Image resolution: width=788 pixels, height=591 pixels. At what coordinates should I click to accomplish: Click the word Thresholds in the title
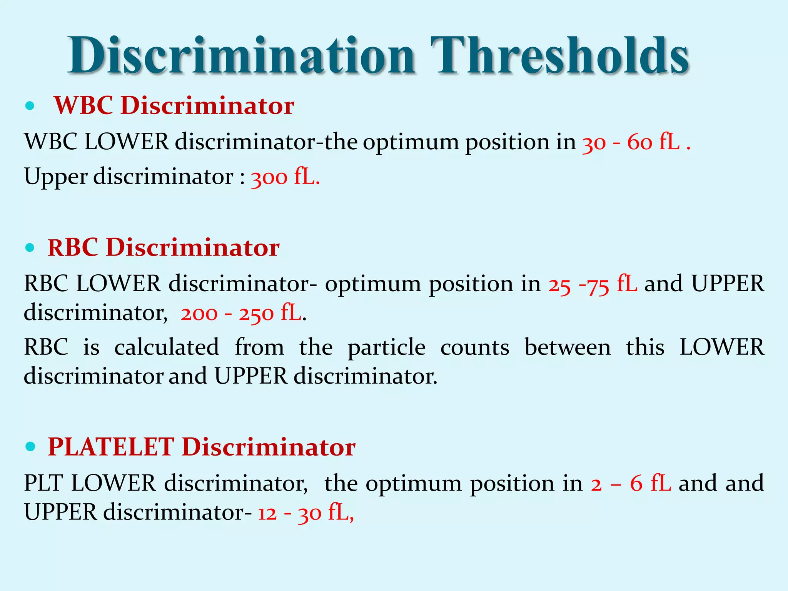pos(560,56)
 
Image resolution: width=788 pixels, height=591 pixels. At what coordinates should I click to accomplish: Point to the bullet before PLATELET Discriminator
pos(30,447)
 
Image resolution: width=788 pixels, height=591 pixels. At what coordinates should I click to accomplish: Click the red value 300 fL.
pos(285,177)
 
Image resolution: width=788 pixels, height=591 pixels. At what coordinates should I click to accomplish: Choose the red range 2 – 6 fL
pos(631,484)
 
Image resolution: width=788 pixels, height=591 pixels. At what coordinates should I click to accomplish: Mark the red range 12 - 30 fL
pos(305,513)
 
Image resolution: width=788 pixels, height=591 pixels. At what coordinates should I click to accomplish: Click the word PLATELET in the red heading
pos(111,447)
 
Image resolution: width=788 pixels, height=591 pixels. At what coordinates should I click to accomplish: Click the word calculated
pos(167,347)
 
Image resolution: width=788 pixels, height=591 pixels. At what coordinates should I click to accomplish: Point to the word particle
pos(387,348)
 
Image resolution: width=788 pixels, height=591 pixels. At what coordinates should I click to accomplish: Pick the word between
pos(568,347)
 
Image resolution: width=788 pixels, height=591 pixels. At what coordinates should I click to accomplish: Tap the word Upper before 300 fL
pos(56,177)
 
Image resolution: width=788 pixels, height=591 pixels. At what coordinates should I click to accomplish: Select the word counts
pos(475,347)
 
